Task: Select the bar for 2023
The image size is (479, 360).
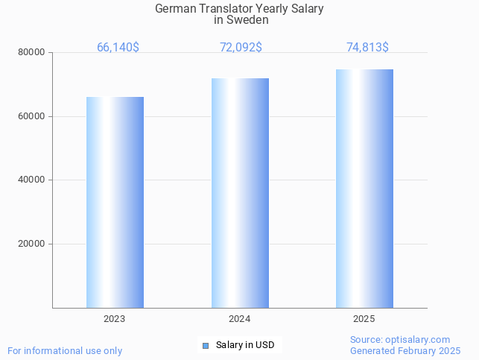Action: coord(115,202)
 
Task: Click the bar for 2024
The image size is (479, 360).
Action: coord(240,193)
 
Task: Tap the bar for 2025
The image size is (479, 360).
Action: coord(364,189)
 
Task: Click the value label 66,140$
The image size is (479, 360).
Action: coord(118,48)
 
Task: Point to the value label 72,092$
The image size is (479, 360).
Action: coord(241,48)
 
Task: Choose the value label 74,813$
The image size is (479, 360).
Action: coord(367,48)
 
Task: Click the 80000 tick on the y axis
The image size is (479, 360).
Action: coord(32,53)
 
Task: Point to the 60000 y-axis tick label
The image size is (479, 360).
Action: coord(32,116)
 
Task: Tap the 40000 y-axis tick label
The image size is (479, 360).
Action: coord(32,180)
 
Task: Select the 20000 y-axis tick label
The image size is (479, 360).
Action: coord(32,244)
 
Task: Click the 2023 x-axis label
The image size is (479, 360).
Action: coord(115,318)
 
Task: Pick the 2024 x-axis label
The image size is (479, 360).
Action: coord(240,318)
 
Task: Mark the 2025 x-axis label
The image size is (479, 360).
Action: coord(364,318)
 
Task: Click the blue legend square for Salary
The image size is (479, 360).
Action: coord(206,345)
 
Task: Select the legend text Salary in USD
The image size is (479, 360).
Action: coord(245,345)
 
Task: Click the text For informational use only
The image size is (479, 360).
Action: coord(65,350)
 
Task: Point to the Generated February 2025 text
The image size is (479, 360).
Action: coord(405,350)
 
